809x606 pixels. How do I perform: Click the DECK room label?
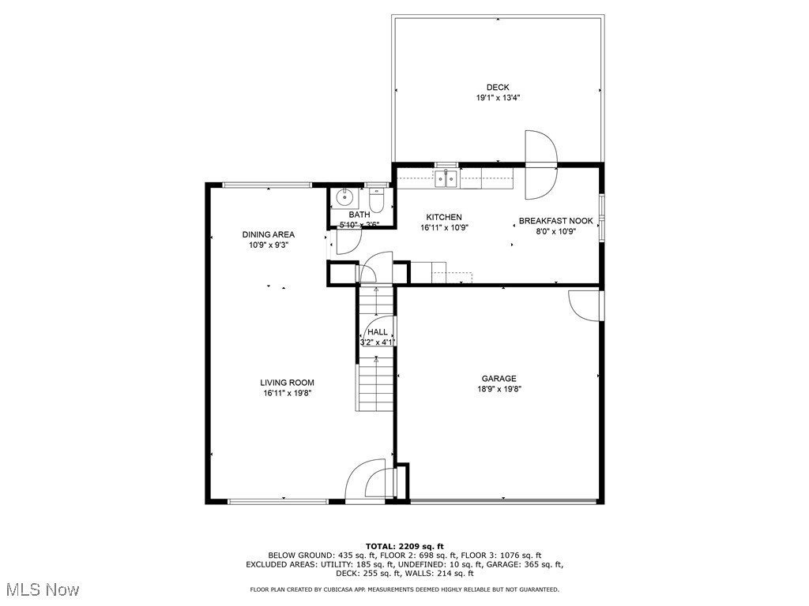498,88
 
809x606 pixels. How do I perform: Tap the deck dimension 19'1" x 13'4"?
498,99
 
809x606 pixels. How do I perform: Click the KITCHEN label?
444,218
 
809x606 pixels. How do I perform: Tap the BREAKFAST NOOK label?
555,222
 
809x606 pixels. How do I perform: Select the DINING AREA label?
269,234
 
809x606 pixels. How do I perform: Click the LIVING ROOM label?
288,383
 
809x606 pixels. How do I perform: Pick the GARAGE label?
499,379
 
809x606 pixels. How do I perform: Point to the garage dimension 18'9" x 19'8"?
499,389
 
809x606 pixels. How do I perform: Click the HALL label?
378,333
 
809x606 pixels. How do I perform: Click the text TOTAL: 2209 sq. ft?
404,546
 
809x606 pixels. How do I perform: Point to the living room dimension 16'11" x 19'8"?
288,393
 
